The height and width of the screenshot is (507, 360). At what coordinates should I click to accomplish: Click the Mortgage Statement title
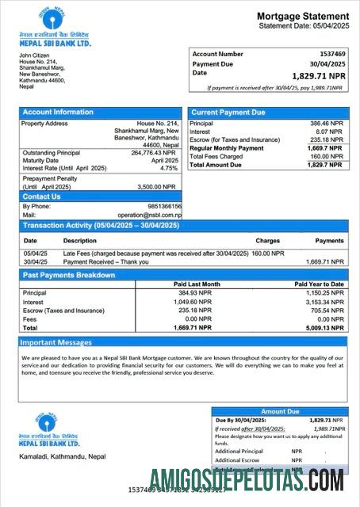[302, 17]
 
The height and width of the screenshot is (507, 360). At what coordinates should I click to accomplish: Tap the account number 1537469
[329, 54]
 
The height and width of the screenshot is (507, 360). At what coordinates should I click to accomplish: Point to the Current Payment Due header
[228, 112]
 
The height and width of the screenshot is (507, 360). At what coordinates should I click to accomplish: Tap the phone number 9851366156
[164, 206]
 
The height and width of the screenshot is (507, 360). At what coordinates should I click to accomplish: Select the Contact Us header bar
[42, 196]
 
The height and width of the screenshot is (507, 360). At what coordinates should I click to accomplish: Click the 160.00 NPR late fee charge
[268, 253]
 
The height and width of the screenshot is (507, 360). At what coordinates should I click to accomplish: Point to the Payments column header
[329, 240]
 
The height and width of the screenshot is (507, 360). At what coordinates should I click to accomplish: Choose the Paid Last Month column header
[197, 284]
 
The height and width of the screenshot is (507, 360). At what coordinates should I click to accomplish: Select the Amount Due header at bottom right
[280, 412]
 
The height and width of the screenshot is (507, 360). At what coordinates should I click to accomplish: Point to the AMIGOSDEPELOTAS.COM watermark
[246, 479]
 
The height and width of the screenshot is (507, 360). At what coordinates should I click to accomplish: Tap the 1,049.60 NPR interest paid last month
[193, 301]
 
